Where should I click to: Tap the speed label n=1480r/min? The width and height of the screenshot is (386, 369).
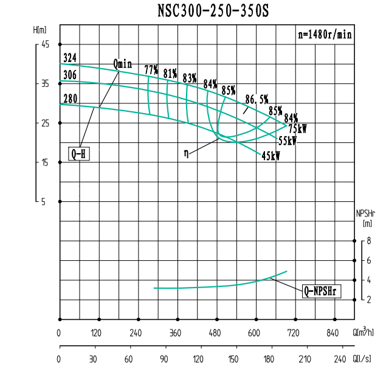coord(324,35)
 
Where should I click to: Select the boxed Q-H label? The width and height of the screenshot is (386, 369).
coord(79,154)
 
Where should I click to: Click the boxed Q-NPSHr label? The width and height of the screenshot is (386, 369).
coord(322,291)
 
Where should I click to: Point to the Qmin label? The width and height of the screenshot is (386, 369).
coord(122,63)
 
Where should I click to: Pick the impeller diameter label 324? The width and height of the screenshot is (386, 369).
coord(69,58)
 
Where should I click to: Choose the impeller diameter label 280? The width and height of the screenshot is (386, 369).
coord(69,98)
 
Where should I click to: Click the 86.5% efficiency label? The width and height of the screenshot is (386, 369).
coord(257,98)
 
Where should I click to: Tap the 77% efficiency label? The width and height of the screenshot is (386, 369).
coord(151,69)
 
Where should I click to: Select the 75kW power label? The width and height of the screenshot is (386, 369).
coord(298,129)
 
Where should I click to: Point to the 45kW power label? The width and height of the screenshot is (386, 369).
coord(271,156)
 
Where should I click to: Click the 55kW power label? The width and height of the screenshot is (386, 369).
coord(287,140)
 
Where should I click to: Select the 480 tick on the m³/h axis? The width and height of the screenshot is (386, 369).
coord(215,333)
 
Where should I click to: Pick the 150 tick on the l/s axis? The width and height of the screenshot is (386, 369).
coord(234,359)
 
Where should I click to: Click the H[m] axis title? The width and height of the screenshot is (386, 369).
coord(40,29)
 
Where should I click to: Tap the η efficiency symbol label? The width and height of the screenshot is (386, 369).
coord(186,153)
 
